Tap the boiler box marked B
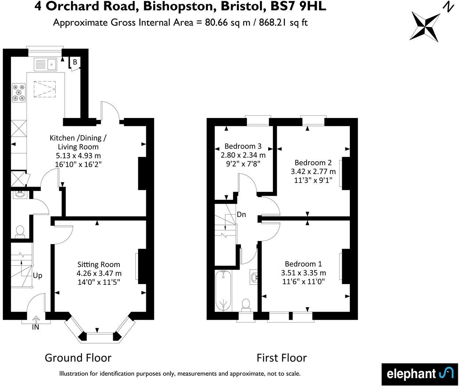(x=75, y=62)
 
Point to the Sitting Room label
(x=98, y=264)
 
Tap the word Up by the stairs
(x=37, y=275)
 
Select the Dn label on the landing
(x=241, y=215)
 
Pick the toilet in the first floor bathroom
(x=245, y=304)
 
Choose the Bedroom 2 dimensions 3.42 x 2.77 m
(x=313, y=171)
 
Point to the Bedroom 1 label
(x=303, y=264)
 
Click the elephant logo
(x=420, y=374)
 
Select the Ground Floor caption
(x=78, y=358)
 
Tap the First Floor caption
(x=282, y=358)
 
